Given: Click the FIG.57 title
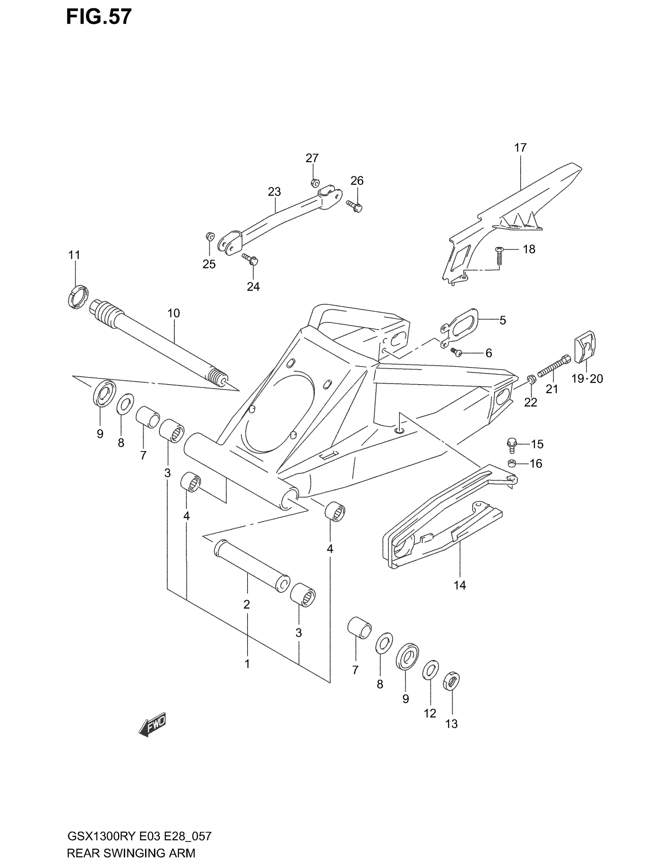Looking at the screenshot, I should [99, 17].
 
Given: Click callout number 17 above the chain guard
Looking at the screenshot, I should [520, 148].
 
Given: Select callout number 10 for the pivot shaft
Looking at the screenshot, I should [174, 313].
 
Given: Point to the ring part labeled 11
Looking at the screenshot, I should [78, 296].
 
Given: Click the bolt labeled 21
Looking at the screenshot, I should [554, 366].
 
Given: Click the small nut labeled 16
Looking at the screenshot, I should [512, 463].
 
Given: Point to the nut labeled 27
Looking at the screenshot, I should [315, 183].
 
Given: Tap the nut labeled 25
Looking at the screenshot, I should [210, 237].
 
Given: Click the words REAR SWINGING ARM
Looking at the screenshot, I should [131, 853].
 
